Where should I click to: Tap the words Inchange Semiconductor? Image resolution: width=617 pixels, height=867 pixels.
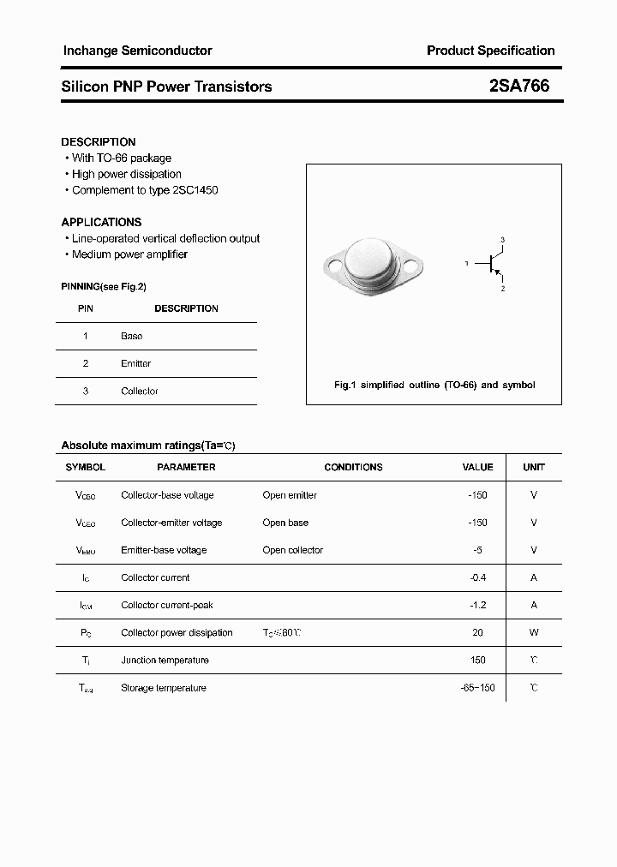[137, 51]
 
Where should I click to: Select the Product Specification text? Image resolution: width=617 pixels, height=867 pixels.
[490, 51]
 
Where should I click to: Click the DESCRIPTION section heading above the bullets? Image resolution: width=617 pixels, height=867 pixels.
[99, 141]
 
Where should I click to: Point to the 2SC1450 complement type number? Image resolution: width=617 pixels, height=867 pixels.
[195, 190]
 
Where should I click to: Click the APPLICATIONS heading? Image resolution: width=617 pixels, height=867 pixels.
[101, 222]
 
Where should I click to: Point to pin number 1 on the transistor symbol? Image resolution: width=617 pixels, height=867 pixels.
[467, 264]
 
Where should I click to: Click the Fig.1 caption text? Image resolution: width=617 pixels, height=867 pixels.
[434, 386]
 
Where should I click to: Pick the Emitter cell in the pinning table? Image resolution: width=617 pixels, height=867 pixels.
[135, 363]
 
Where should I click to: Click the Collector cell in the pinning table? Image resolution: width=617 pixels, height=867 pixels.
[140, 391]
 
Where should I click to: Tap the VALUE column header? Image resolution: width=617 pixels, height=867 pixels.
[477, 467]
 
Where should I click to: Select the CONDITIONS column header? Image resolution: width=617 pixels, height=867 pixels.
[353, 467]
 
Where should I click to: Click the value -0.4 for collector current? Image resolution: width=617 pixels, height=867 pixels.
[477, 577]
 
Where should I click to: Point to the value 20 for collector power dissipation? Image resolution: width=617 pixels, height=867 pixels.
[477, 632]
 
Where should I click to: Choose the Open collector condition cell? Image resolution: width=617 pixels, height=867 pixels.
[293, 550]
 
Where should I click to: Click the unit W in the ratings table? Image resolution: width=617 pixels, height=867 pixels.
[534, 632]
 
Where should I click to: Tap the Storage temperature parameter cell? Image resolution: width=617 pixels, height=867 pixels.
[164, 688]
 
